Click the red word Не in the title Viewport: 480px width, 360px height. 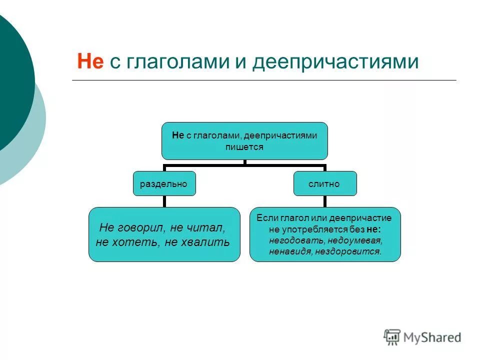coord(90,62)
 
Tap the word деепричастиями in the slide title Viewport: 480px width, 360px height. coord(335,62)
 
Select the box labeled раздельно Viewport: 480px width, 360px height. coord(163,183)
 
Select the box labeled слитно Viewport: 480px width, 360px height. coord(324,183)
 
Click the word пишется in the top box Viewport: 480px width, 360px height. coord(244,147)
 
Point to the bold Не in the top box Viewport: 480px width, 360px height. coord(178,135)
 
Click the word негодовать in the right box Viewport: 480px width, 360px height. coord(289,240)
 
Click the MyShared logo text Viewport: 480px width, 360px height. coord(433,337)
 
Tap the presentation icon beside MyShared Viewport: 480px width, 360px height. coord(392,336)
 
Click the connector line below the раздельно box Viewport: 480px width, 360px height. coord(164,201)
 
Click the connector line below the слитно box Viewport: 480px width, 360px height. coord(324,201)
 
